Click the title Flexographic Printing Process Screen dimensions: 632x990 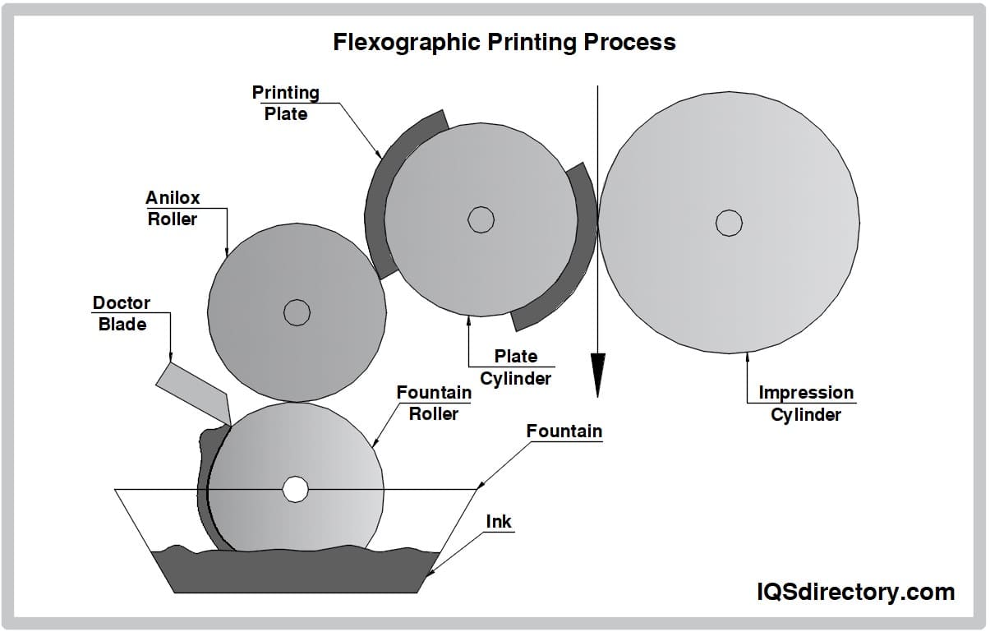[x=504, y=43]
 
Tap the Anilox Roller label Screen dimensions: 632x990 [x=173, y=209]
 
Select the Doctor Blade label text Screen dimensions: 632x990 [x=122, y=314]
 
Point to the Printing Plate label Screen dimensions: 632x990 [x=285, y=104]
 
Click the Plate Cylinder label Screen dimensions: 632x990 [x=515, y=367]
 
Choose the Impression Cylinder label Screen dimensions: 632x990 [x=806, y=404]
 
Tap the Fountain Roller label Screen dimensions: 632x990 [x=434, y=403]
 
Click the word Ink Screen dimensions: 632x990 [x=499, y=521]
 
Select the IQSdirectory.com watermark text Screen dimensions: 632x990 [x=855, y=592]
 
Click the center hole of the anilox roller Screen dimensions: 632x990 [x=297, y=312]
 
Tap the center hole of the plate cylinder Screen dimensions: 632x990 [x=481, y=219]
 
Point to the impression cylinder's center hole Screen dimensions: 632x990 [x=729, y=223]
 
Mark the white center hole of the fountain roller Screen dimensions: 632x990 [x=295, y=489]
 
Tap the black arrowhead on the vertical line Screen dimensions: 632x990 [x=597, y=374]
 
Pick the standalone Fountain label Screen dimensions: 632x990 [x=564, y=431]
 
